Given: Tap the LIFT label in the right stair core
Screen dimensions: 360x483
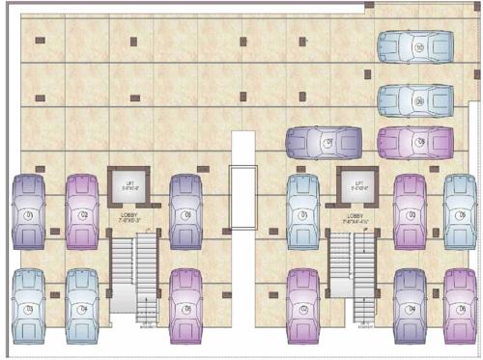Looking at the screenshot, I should [x=358, y=180].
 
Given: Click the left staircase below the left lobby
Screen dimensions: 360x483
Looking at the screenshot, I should [x=133, y=275].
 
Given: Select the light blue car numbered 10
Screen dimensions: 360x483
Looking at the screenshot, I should [x=414, y=46].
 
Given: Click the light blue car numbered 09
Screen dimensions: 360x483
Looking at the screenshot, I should [x=414, y=100].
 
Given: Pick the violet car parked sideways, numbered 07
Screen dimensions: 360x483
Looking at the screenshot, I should [x=324, y=143].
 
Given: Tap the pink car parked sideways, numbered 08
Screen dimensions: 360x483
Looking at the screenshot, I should [x=414, y=143].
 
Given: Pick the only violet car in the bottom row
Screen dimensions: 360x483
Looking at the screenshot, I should [x=410, y=306].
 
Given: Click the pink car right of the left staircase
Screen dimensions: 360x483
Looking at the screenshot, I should [x=185, y=306].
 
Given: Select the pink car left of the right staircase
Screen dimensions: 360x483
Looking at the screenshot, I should [x=303, y=306].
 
